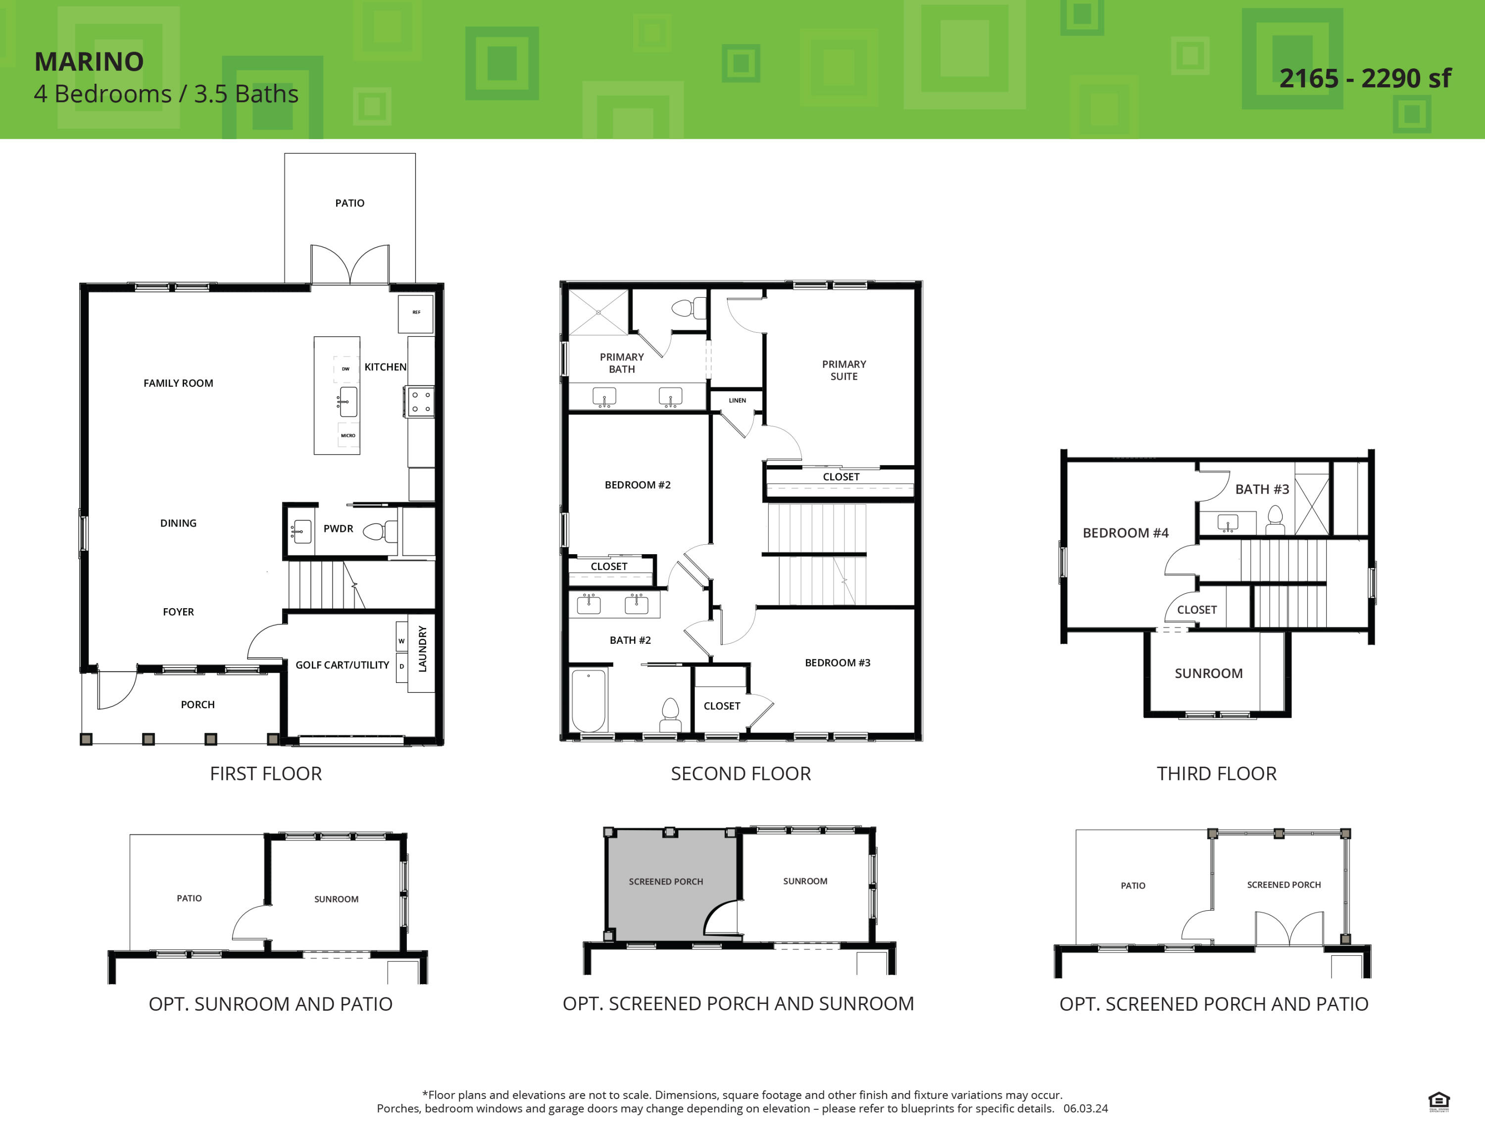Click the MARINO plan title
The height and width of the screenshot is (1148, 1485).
pos(89,62)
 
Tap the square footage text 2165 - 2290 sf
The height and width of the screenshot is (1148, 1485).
pos(1365,79)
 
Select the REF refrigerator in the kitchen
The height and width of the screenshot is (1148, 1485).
pos(415,313)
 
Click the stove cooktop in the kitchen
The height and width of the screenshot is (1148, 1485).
pos(420,401)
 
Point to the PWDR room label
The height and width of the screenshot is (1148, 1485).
pos(338,528)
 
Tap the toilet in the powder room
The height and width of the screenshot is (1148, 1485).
pos(379,531)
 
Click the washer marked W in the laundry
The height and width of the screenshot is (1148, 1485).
pos(401,641)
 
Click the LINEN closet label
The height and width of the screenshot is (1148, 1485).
pos(737,401)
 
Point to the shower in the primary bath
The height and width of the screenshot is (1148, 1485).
pos(598,312)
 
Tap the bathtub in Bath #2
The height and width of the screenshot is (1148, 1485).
pos(589,700)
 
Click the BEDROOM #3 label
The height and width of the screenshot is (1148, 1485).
pos(837,663)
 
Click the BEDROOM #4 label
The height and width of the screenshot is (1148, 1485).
pos(1125,533)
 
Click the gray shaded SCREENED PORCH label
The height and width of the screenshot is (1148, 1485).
pos(666,882)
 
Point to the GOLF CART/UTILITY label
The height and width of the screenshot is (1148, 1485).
pos(342,665)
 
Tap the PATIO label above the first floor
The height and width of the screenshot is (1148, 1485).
pos(349,204)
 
